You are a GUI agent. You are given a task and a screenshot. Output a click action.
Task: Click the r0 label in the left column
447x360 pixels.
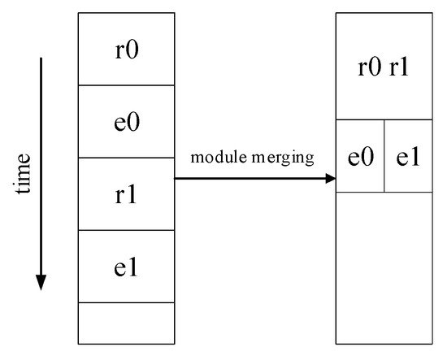point(126,49)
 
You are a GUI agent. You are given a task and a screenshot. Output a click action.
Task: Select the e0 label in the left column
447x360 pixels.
point(126,121)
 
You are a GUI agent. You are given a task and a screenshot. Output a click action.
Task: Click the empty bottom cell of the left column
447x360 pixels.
point(126,323)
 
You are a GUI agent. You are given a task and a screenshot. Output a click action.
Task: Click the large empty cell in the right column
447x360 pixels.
point(384,267)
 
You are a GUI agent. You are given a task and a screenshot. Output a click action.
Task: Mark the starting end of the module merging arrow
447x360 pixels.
point(176,178)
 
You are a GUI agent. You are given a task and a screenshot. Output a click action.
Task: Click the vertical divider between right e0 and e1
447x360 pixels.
point(384,156)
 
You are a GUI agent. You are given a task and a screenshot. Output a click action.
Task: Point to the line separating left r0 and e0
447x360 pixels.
point(126,85)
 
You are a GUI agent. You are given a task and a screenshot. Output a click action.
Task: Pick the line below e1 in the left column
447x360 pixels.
point(126,302)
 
